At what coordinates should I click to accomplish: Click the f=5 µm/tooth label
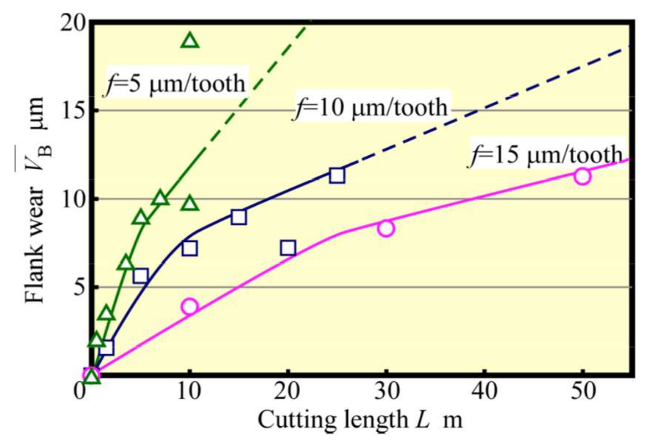176,83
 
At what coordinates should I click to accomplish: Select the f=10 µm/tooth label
371,107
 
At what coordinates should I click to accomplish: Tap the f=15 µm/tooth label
546,154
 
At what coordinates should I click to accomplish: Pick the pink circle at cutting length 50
582,176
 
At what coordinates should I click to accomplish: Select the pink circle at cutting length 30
386,228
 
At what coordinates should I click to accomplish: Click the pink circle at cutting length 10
189,306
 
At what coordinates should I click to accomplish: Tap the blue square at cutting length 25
337,176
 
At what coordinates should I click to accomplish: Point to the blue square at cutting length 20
288,248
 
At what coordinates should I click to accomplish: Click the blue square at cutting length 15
239,217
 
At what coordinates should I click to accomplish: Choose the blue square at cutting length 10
189,248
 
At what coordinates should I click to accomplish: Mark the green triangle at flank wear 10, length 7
160,199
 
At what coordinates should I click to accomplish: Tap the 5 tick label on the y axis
79,288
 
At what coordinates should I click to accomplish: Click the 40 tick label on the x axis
484,391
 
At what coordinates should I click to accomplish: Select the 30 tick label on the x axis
386,391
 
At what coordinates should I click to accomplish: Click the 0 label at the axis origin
80,390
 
